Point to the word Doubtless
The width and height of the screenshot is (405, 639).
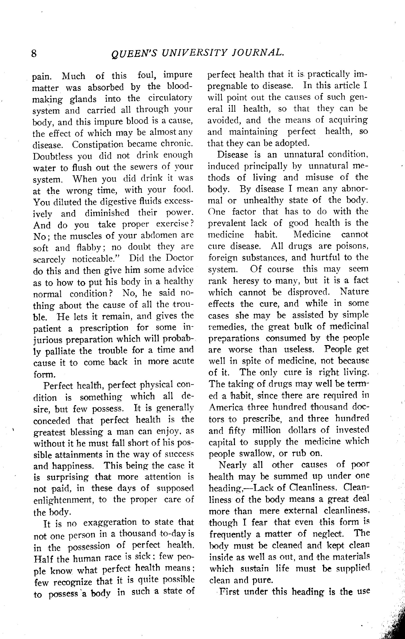click(53, 156)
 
